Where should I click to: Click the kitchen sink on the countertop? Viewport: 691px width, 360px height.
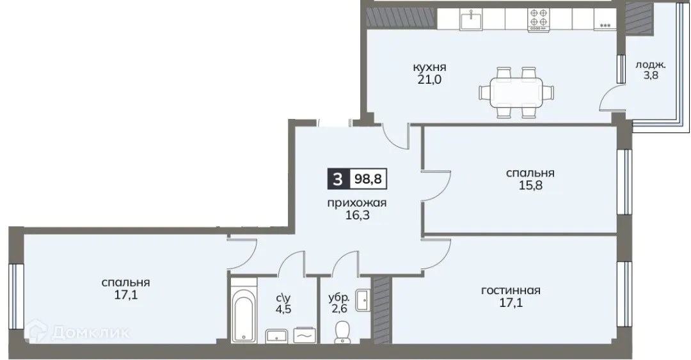(472, 19)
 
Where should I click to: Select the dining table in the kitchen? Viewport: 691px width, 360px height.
(515, 93)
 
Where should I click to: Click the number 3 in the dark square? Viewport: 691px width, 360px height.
(338, 178)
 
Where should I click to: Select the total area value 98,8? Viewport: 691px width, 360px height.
(369, 178)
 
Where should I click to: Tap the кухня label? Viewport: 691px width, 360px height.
(429, 67)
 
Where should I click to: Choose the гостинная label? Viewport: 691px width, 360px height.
(511, 290)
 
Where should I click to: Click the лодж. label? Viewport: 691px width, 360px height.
(651, 65)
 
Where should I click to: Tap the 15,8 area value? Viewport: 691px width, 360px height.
(530, 186)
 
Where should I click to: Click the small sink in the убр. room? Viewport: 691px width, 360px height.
(363, 299)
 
